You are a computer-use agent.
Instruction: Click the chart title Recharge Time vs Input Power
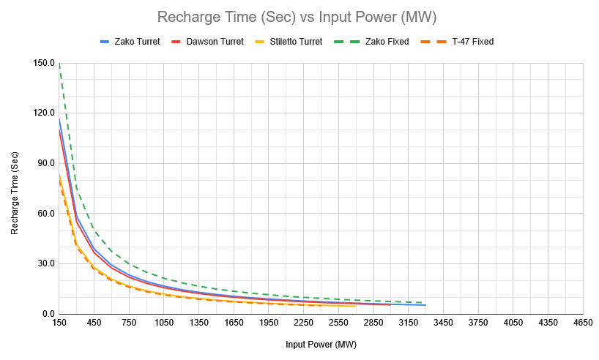299,16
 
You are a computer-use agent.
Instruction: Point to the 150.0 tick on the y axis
45,64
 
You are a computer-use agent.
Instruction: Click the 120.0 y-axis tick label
45,113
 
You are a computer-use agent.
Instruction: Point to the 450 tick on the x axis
94,323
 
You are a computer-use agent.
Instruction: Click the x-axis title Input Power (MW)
321,343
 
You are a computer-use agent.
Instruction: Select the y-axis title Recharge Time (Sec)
15,189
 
